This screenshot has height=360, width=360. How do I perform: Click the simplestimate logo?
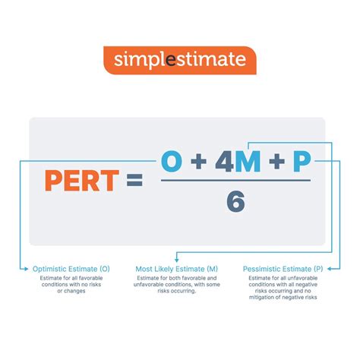179,60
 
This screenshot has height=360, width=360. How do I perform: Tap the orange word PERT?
82,181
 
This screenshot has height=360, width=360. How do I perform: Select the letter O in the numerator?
173,161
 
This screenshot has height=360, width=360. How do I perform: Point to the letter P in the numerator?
302,161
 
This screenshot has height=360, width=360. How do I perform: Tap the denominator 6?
236,202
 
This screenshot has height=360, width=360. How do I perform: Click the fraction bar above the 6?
236,181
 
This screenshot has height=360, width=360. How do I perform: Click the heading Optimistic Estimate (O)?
71,269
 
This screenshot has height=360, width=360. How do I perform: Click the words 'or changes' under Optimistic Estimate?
71,292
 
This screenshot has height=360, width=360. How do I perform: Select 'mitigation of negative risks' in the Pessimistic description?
283,298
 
